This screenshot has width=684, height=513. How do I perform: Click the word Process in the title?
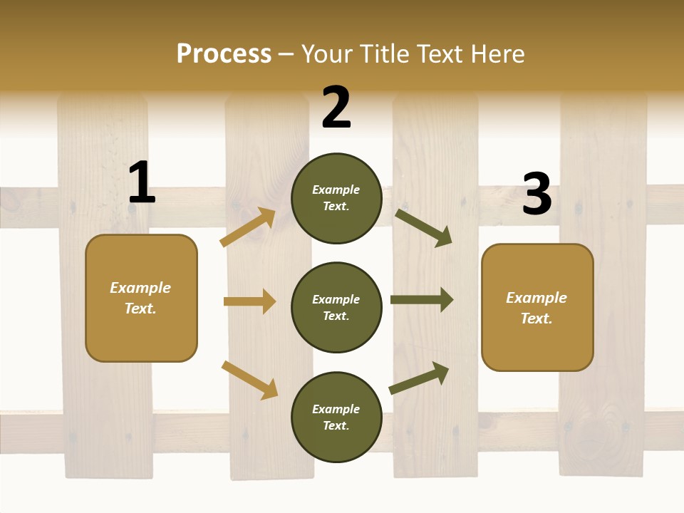pos(224,54)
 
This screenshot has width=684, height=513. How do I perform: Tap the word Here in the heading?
pos(495,54)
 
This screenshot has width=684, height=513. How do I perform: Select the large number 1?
pos(141,183)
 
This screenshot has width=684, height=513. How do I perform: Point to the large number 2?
pos(336,108)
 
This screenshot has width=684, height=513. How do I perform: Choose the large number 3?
pos(537,195)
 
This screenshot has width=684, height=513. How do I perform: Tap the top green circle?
pos(336,198)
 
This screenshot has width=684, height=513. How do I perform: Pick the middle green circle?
pos(336,307)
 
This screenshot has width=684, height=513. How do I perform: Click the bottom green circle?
pos(336,417)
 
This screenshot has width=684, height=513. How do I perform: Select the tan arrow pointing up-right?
pos(248,227)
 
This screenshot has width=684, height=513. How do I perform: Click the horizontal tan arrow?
pos(250,301)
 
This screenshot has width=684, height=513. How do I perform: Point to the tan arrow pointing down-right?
pos(250,380)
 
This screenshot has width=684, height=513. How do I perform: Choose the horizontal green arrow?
pos(422,300)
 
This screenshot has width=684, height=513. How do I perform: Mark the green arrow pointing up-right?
pos(420,378)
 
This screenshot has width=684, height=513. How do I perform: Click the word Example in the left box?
pos(140,288)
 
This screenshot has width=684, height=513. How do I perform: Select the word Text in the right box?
pos(536,318)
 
